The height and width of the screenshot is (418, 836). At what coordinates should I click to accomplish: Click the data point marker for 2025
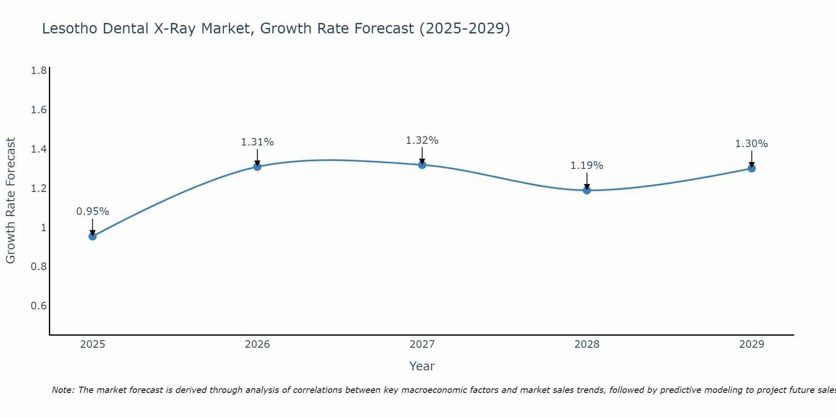click(92, 236)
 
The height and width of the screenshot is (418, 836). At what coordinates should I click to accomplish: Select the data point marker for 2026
click(257, 167)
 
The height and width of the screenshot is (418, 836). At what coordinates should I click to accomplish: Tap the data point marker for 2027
click(422, 165)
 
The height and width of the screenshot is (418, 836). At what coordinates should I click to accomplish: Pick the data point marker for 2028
click(587, 190)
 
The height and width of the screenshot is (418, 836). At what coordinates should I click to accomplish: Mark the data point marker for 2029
click(752, 168)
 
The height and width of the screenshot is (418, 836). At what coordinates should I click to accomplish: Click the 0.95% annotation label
click(92, 212)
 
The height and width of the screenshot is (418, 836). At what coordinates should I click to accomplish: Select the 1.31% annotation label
click(257, 142)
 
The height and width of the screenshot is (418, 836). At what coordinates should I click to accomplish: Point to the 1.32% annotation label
click(422, 140)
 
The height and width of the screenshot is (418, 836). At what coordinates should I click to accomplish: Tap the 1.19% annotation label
click(587, 166)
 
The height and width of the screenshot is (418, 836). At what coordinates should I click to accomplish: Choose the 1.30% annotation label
click(752, 144)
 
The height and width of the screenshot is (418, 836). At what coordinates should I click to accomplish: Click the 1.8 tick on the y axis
click(39, 71)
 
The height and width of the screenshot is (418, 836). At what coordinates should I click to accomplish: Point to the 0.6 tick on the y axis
click(39, 306)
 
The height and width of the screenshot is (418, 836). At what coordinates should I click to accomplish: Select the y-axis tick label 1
click(43, 228)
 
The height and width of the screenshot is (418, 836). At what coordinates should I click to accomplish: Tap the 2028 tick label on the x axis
click(587, 344)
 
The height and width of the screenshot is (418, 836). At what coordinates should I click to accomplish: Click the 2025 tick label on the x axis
click(92, 344)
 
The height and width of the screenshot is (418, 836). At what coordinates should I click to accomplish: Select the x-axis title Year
click(422, 366)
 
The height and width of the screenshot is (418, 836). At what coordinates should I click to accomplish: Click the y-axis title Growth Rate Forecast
click(10, 201)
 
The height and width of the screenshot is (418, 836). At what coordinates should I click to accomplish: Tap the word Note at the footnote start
click(63, 390)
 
